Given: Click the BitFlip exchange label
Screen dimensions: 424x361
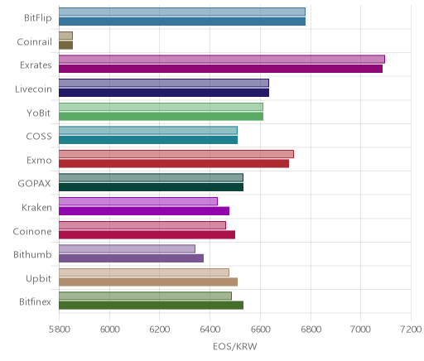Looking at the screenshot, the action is point(38,18).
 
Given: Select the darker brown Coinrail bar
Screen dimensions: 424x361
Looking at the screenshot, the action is point(65,46).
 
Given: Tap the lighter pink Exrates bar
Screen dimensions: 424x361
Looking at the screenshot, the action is point(222,60).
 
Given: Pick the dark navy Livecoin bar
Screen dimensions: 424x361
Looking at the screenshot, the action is point(164,93).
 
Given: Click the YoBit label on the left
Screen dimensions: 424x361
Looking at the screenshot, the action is point(39,113).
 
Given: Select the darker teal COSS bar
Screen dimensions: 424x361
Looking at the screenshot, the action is point(148,140).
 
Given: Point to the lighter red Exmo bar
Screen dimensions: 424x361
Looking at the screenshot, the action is point(176,154).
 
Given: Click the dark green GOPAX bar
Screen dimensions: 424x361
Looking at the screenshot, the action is point(151,187).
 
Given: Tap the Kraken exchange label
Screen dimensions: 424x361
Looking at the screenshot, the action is point(36,208).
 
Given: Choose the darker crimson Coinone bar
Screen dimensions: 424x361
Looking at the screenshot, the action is point(147,235).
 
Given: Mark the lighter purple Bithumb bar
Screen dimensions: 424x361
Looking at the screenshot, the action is point(127,249).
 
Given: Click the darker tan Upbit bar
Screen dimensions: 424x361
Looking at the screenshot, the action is point(148,282).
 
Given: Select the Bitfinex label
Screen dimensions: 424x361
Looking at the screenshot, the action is point(35,302).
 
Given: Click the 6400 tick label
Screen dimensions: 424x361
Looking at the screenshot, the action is point(210,330).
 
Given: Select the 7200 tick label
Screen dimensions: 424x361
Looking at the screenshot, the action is point(411,330).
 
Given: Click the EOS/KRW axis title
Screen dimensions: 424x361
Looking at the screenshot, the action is point(235,347).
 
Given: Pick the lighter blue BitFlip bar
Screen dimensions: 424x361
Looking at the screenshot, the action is point(182,12).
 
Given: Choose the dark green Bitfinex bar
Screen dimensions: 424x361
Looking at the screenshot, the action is point(151,306).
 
